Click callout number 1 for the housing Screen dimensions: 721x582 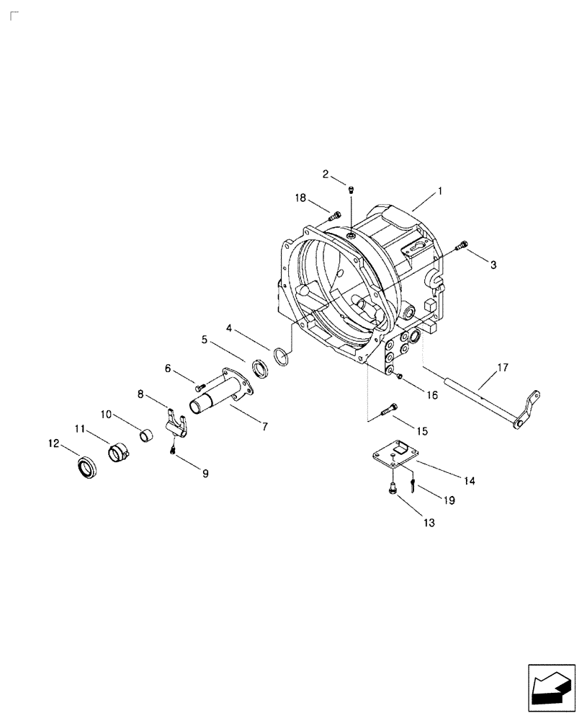[x=439, y=192]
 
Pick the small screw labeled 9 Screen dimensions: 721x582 [x=173, y=450]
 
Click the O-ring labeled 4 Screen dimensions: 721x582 [x=283, y=355]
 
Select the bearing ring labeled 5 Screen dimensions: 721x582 [x=260, y=370]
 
